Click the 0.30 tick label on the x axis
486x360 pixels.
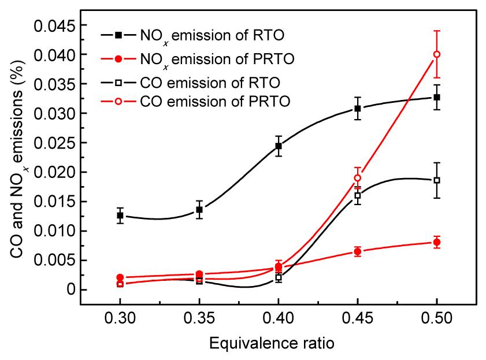120,320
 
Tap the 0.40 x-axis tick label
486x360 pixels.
279,320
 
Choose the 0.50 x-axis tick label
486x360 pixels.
437,320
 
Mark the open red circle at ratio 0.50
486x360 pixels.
437,54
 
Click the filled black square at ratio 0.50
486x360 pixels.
437,97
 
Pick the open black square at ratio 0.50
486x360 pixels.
437,180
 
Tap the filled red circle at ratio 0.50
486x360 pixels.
437,242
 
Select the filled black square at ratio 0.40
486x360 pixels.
279,146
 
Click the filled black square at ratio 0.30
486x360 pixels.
120,216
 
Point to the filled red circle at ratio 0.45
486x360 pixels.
358,251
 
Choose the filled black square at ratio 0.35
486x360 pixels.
199,210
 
